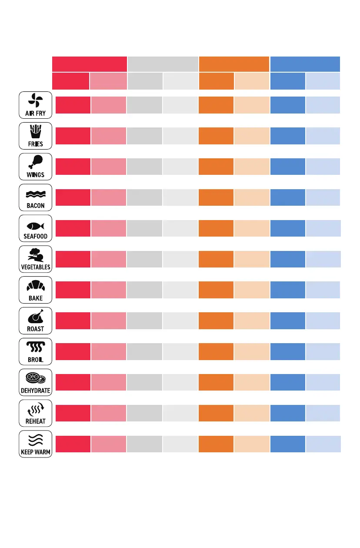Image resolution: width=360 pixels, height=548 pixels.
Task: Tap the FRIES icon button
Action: point(35,135)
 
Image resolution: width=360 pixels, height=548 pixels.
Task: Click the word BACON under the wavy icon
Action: point(35,206)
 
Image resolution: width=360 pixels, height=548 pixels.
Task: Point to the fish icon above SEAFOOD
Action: point(35,226)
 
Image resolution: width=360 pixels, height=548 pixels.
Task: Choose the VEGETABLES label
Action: point(36,267)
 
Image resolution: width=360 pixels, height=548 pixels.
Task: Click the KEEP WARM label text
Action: point(36,452)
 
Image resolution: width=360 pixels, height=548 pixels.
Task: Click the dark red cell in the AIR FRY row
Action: point(73,105)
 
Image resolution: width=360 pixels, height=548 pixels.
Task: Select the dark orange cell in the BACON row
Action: point(216,197)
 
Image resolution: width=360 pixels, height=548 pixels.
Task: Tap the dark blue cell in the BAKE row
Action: point(287,290)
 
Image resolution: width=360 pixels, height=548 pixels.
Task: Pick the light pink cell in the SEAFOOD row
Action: point(109,228)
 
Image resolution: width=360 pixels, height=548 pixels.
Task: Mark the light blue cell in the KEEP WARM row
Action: point(323,444)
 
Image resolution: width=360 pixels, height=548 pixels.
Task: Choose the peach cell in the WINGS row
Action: point(252,167)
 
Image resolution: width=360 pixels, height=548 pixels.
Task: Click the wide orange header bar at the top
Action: point(234,64)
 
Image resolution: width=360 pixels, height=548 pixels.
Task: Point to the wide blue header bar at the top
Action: point(305,64)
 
